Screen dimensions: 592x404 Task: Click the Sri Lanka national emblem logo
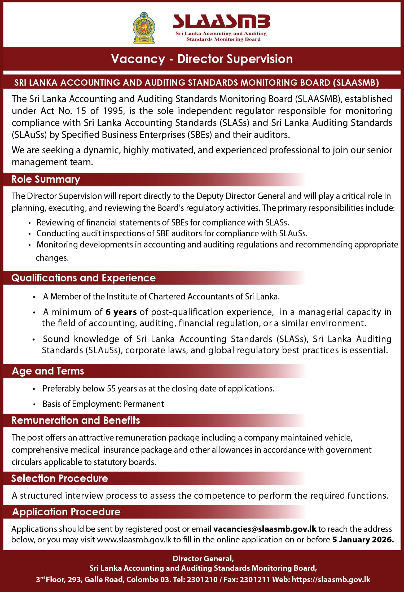pos(144,28)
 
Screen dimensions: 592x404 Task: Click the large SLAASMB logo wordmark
pos(221,21)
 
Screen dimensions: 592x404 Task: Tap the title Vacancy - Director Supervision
pos(202,59)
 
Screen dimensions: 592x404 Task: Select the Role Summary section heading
pos(46,179)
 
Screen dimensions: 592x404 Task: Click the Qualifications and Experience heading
pos(84,278)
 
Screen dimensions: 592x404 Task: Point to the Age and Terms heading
pos(48,371)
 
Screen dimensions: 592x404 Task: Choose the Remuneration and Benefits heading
pos(76,420)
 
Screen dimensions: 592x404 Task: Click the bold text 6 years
pos(121,312)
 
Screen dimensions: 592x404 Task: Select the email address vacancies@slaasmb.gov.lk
pos(265,529)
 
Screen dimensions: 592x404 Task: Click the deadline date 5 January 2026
pos(363,539)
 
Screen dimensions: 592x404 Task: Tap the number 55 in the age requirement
pos(111,389)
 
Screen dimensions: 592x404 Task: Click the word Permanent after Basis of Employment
pos(143,404)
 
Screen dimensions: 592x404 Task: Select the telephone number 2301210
pos(202,580)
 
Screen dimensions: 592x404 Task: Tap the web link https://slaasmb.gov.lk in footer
pos(331,580)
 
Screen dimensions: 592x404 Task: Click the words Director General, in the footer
pos(203,559)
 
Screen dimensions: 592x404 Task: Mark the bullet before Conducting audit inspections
pos(30,234)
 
